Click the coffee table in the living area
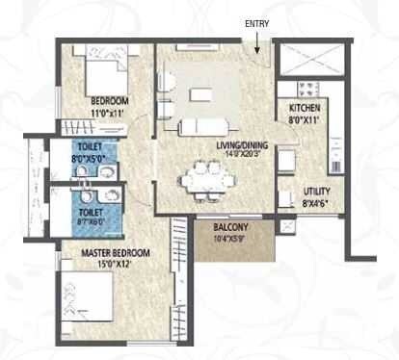[202, 94]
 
